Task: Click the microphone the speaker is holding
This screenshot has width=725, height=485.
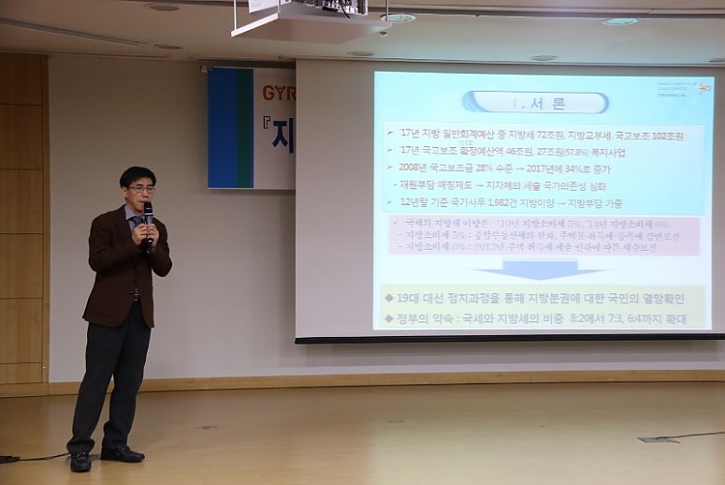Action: coord(149,214)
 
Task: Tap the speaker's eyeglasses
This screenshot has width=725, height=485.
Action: coord(141,189)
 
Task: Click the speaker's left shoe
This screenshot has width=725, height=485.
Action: coord(123,453)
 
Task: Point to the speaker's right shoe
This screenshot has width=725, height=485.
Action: coord(80,462)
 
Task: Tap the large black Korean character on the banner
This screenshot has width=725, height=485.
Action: coord(281,136)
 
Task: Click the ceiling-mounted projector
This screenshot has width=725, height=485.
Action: coord(310,15)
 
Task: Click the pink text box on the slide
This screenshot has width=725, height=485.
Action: coord(543,235)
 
